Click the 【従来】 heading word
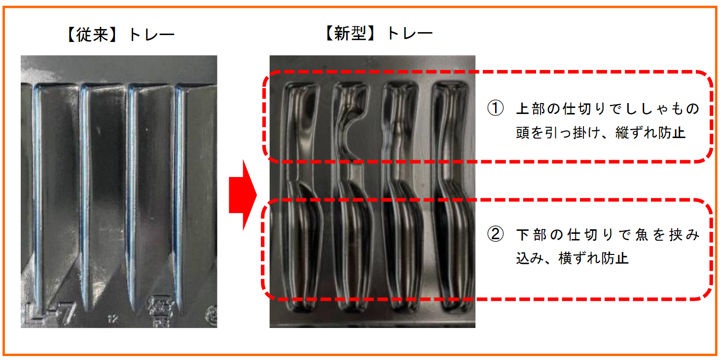(x=92, y=35)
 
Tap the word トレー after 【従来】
(x=151, y=35)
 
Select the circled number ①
(x=495, y=108)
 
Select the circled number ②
(x=495, y=234)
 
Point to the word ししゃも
(x=656, y=109)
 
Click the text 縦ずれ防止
(x=650, y=132)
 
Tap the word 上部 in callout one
(x=531, y=109)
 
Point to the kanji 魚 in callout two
(x=642, y=235)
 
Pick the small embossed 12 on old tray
(x=113, y=319)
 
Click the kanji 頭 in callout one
(x=523, y=132)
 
